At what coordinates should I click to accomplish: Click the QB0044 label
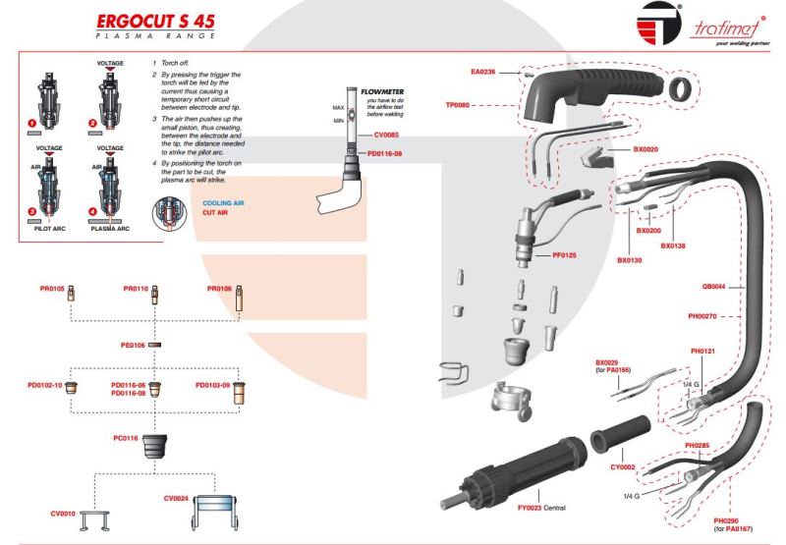[713, 286]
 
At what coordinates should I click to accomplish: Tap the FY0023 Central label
[517, 507]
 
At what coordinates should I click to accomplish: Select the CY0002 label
[622, 467]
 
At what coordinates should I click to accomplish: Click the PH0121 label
[702, 351]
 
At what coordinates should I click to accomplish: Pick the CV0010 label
[62, 513]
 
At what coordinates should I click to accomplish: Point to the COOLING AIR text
[223, 202]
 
